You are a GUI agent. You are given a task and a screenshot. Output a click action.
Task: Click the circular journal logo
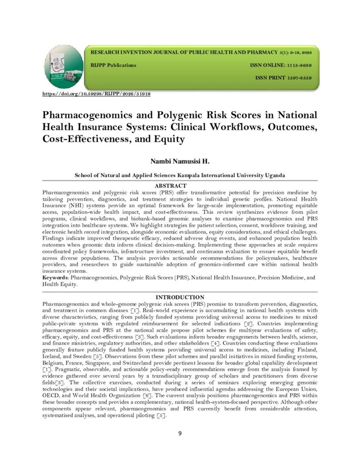tap(64, 67)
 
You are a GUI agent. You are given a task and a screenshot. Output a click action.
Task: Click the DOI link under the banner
tap(96, 94)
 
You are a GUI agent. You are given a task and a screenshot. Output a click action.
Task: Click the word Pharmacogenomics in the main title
tap(91, 115)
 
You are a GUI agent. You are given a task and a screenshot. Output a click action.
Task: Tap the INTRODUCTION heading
tap(180, 297)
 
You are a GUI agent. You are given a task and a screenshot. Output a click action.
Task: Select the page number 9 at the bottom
tap(180, 433)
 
